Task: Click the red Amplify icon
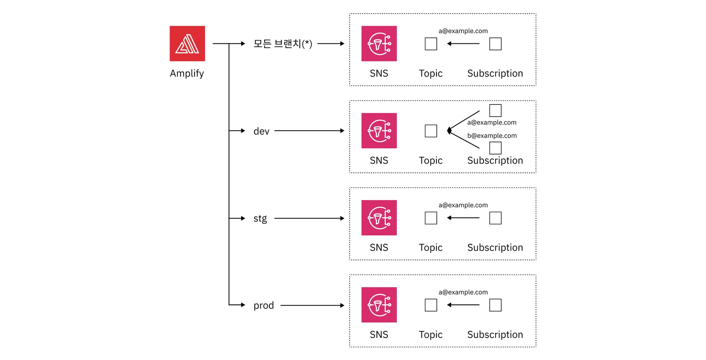187,43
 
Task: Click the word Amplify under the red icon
187,74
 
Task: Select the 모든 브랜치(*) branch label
282,44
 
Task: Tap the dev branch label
261,131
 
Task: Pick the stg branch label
260,218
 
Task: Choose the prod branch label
264,306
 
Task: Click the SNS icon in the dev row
379,131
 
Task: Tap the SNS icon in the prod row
379,305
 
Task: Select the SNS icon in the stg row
379,218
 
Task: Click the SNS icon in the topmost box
379,43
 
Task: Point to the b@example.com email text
492,136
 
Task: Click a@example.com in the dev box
492,122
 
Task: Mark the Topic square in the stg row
431,218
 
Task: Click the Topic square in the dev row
431,131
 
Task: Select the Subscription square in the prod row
495,305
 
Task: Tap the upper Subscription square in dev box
495,110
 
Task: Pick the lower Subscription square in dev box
495,148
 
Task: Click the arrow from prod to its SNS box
312,305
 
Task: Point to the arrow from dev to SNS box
309,131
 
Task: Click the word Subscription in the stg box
495,248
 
